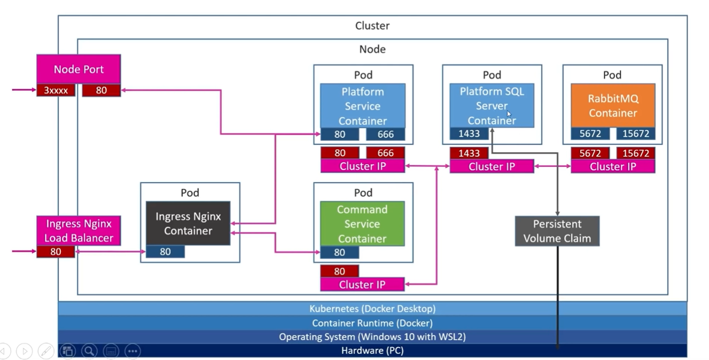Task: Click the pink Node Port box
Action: [79, 69]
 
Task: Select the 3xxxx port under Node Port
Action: [56, 90]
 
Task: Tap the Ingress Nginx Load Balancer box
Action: [79, 231]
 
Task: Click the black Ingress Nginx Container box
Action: [188, 223]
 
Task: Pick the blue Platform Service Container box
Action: [363, 105]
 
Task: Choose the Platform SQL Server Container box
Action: [492, 105]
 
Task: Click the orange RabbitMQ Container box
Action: [612, 105]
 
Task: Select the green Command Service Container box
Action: [362, 223]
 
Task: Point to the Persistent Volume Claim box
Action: [557, 231]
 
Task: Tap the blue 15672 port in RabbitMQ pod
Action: [635, 134]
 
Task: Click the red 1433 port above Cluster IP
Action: [469, 153]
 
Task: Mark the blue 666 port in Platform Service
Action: [385, 134]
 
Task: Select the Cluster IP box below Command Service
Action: [362, 285]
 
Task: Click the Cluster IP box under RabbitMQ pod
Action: [612, 167]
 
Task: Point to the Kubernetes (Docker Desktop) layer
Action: [372, 309]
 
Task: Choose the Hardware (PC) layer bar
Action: [372, 351]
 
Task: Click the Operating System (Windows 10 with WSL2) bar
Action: [372, 337]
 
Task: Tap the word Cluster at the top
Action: [372, 26]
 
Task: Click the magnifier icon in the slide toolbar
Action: [89, 351]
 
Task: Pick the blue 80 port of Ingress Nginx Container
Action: [165, 252]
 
